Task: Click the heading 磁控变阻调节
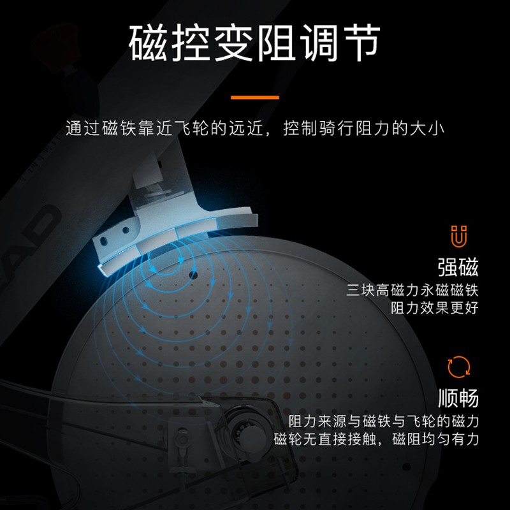(254, 43)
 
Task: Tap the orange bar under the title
(254, 98)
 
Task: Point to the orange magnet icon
(458, 236)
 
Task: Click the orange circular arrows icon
(458, 367)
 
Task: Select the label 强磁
(458, 267)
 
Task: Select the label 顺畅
(458, 398)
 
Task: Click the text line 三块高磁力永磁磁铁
(412, 290)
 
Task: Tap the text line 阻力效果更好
(435, 308)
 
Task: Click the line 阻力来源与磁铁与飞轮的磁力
(384, 421)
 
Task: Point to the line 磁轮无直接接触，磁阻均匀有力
(376, 439)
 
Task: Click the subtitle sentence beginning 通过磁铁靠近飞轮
(255, 128)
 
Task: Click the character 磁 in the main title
(149, 43)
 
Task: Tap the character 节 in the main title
(361, 43)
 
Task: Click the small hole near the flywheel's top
(194, 275)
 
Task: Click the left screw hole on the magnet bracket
(104, 241)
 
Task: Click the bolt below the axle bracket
(182, 437)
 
